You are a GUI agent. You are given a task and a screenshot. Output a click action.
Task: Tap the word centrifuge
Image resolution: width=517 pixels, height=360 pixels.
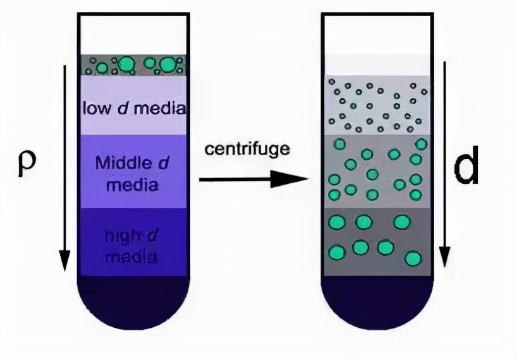click(x=247, y=149)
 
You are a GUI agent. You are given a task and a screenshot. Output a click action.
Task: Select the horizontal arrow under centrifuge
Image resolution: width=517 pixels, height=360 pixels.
click(x=253, y=179)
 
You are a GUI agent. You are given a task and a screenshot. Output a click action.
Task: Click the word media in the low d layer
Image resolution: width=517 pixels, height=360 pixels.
click(x=161, y=108)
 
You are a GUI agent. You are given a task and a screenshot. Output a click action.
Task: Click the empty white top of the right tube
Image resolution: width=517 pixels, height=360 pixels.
click(x=377, y=35)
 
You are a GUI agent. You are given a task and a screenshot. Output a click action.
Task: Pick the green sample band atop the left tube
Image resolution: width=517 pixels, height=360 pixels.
click(x=132, y=64)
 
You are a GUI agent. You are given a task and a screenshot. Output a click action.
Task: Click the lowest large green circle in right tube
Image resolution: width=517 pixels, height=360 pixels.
click(x=413, y=258)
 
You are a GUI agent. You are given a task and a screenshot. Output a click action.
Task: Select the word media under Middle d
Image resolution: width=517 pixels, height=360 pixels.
click(x=132, y=186)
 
